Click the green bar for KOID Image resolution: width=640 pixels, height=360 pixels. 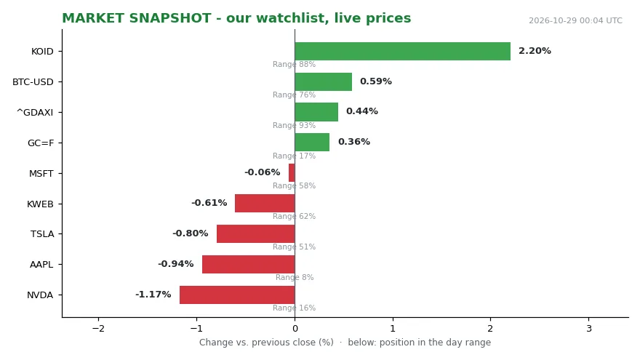402,52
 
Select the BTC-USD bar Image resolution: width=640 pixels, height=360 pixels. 323,81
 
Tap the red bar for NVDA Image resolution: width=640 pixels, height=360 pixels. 237,295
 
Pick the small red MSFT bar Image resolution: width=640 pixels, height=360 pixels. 292,173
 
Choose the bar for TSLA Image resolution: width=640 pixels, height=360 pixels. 256,234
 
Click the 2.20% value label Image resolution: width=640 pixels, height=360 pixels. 535,51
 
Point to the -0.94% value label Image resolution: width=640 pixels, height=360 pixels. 175,264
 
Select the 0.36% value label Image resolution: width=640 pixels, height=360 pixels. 354,142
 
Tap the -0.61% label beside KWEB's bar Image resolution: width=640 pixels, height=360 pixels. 209,203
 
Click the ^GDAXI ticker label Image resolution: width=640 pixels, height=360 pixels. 35,112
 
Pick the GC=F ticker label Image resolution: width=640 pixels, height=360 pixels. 41,143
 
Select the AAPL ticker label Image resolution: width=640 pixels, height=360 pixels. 41,265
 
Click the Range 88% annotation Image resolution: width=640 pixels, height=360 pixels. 295,65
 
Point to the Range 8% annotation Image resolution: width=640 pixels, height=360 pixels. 295,278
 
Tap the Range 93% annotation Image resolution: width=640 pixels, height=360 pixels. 295,125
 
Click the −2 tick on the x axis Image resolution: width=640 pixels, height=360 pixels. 98,329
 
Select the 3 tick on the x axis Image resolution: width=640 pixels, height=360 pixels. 588,329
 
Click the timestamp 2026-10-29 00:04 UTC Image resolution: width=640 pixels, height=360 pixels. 575,21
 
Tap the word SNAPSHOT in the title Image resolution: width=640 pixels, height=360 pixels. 169,18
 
